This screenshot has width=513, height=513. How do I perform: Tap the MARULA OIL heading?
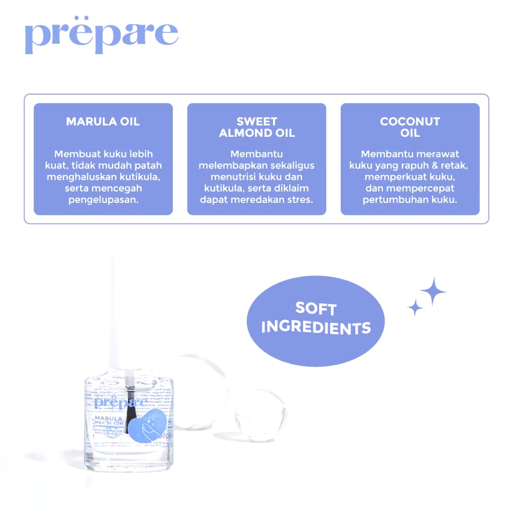coord(103,122)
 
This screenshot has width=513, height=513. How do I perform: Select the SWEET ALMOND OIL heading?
coord(256,127)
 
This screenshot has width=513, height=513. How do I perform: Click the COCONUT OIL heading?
coord(410,127)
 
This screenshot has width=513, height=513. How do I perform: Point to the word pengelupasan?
coord(103,200)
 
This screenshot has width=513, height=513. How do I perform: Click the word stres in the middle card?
coord(299,200)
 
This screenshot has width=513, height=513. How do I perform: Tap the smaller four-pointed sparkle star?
coord(415,308)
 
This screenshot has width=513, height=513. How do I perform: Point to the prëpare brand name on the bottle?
coord(120,402)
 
